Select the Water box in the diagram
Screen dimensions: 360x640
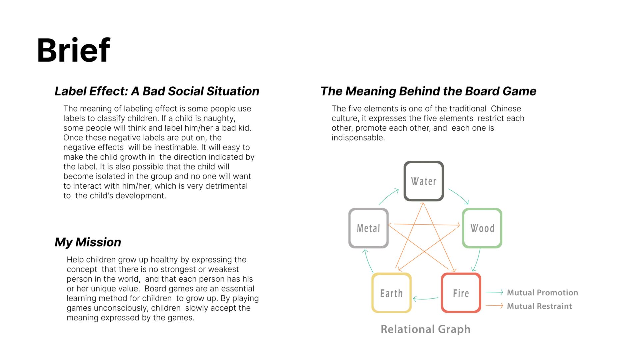[x=423, y=181]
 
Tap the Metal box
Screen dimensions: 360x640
[x=368, y=228]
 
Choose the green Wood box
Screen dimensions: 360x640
[x=482, y=228]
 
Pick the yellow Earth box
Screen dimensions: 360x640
[x=391, y=293]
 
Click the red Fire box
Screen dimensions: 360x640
[x=461, y=293]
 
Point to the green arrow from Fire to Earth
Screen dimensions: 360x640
[x=426, y=299]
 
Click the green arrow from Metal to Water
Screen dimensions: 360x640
[x=388, y=196]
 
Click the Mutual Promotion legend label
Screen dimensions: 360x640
[x=542, y=293]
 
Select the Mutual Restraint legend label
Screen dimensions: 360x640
[x=539, y=306]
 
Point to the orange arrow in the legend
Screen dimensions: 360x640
[x=494, y=305]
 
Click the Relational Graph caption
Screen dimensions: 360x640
[x=425, y=329]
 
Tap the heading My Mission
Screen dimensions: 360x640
[x=88, y=242]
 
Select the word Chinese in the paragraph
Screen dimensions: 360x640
[x=506, y=109]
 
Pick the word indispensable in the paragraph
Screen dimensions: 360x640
[x=358, y=138]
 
